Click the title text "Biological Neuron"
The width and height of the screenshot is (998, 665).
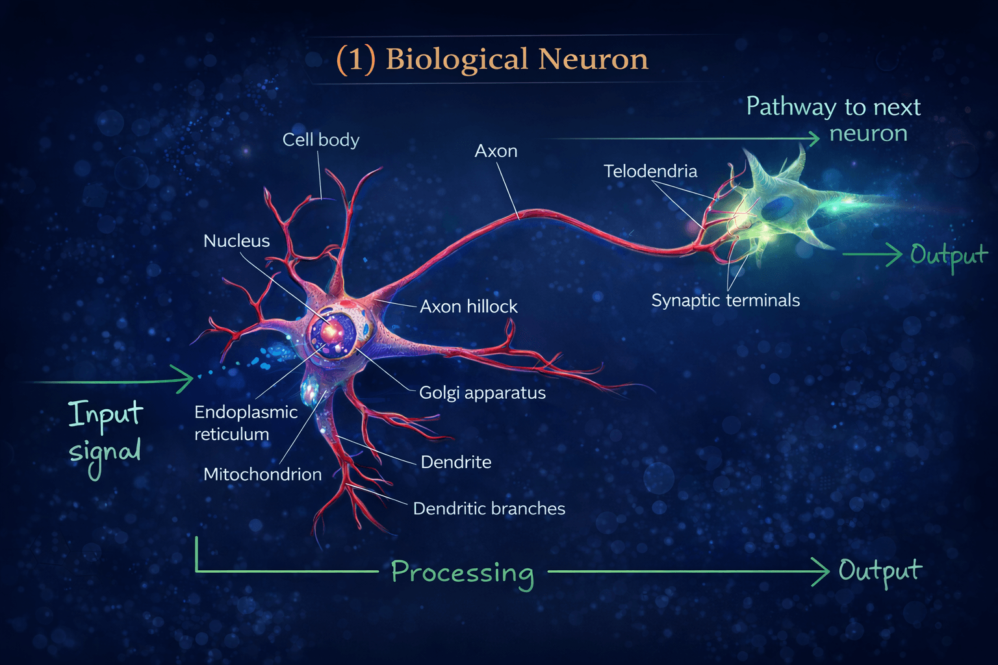coord(517,60)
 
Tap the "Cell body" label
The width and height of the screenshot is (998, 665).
coord(321,140)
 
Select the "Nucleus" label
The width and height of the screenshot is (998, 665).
coord(237,241)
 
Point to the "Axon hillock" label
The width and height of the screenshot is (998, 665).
coord(468,307)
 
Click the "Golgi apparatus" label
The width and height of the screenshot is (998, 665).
coord(483,393)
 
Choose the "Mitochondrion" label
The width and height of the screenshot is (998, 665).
coord(262,474)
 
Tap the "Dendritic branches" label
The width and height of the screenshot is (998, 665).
coord(489,508)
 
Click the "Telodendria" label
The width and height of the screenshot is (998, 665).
coord(650,171)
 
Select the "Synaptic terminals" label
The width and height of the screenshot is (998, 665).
coord(726,301)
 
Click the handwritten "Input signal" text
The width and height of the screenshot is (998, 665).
coord(106,439)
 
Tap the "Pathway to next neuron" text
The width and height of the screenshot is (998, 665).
coord(833,119)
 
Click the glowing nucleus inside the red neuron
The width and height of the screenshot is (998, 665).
coord(331,331)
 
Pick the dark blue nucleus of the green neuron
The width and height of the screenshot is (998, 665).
coord(778,208)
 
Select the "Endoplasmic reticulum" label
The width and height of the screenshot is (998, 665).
coord(246,423)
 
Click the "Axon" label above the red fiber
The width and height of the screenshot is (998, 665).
coord(496,151)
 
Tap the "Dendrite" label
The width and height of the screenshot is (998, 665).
coord(455,462)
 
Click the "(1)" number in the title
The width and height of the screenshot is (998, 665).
coord(355,60)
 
